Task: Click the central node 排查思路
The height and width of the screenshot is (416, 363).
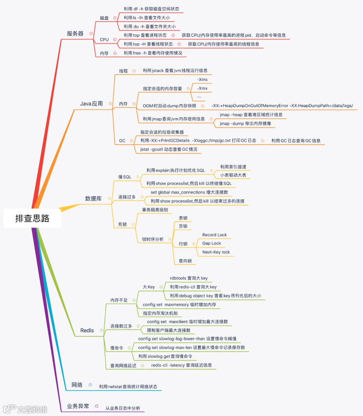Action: (x=32, y=218)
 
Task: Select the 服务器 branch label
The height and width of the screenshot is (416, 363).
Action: (x=75, y=34)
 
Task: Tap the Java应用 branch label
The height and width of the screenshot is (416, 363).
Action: (x=91, y=104)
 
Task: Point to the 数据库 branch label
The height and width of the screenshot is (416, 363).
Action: (x=93, y=198)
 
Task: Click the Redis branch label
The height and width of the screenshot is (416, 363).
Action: (x=87, y=330)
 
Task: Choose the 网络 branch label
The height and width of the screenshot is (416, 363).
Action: (x=77, y=385)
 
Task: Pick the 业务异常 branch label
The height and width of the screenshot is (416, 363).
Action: (x=78, y=406)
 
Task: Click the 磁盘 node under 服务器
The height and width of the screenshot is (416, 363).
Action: (x=104, y=18)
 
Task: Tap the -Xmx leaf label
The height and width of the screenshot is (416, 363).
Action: (x=202, y=88)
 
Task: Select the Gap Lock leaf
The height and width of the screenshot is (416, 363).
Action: (x=212, y=243)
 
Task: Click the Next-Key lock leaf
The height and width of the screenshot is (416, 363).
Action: (x=216, y=252)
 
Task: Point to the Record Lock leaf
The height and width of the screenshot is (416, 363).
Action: (x=214, y=235)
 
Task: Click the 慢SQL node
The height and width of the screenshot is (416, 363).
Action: (x=125, y=177)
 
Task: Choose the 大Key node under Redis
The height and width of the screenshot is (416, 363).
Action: (x=149, y=287)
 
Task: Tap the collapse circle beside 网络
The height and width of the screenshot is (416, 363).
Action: (x=90, y=385)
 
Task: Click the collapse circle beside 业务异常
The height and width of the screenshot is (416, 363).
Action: (x=96, y=406)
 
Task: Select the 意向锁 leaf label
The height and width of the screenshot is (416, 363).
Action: (x=185, y=261)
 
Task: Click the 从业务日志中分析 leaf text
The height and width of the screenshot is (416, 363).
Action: (x=123, y=408)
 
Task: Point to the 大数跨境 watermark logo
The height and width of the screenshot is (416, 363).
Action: (x=25, y=409)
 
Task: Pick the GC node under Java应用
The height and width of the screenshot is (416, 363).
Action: (x=122, y=141)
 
